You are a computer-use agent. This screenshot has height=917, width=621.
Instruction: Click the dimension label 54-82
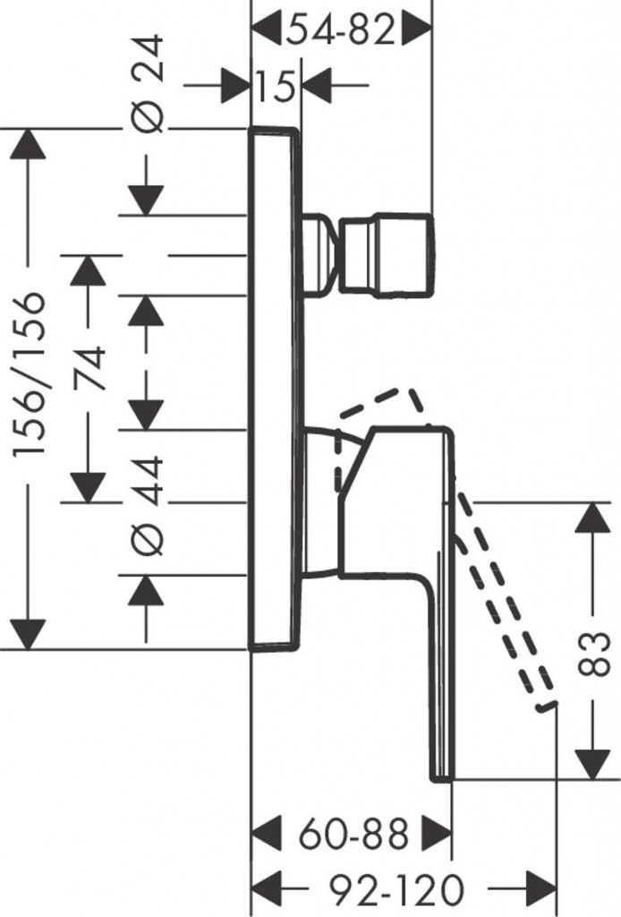[x=340, y=32]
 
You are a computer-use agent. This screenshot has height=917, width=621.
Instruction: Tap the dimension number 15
[x=275, y=87]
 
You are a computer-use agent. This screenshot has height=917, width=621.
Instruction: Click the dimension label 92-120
[x=396, y=889]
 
